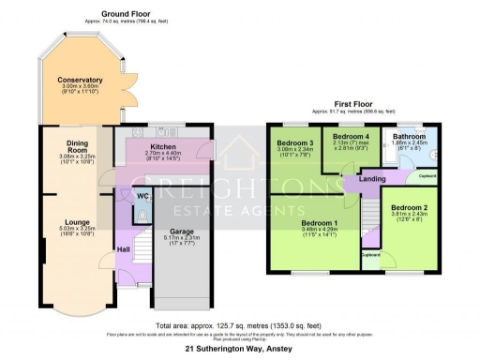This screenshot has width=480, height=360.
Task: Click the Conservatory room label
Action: pos(73,80)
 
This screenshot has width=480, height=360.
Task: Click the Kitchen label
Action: pos(163,147)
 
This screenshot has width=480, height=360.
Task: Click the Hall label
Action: pos(122,248)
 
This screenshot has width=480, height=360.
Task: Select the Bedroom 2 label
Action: pos(409,206)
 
